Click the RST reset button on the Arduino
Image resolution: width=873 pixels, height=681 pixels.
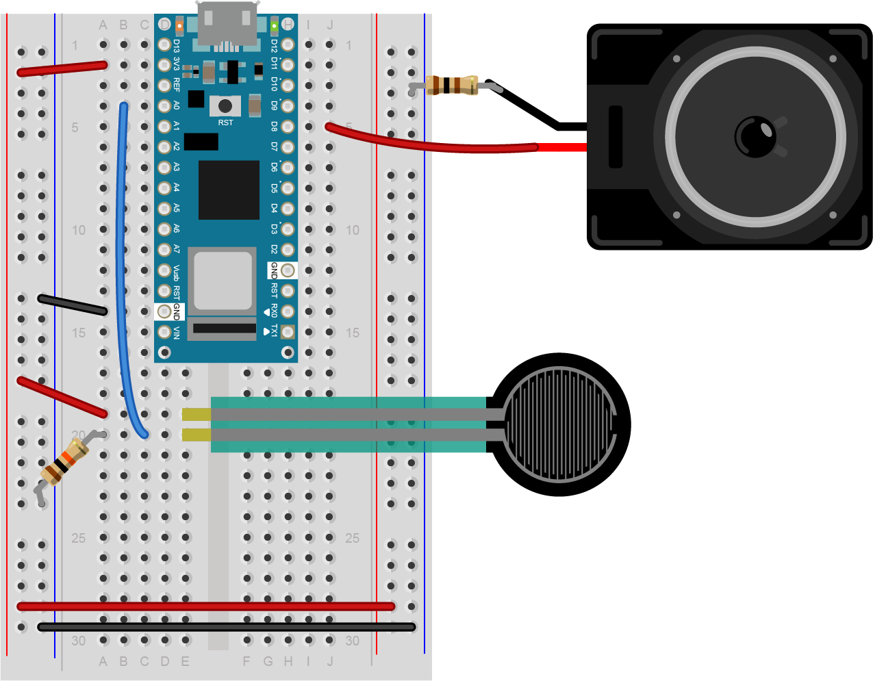tap(225, 106)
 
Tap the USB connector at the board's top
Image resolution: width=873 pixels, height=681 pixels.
tap(227, 24)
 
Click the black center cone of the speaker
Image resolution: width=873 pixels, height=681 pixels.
tap(755, 136)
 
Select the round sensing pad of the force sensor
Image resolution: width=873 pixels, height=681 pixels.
tap(560, 424)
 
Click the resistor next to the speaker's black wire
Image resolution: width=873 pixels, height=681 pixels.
tap(451, 85)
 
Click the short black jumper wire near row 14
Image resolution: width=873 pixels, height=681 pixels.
tap(72, 305)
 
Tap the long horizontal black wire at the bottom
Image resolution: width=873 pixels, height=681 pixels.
tap(226, 627)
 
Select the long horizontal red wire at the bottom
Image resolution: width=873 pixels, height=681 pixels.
tap(205, 606)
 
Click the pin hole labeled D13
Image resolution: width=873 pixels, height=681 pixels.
tap(164, 44)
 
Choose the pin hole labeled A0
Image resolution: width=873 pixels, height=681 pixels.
tap(164, 106)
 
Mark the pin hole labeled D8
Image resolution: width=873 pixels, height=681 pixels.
tap(288, 127)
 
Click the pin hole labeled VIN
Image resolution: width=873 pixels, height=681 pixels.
tap(164, 332)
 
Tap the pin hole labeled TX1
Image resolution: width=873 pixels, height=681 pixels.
tap(288, 332)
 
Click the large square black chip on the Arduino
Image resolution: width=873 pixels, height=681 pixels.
tap(229, 190)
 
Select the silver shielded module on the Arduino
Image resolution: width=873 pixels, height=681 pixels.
tap(223, 281)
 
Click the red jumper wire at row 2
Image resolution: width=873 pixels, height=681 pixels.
tap(62, 68)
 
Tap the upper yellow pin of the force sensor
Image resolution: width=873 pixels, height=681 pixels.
tap(197, 414)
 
